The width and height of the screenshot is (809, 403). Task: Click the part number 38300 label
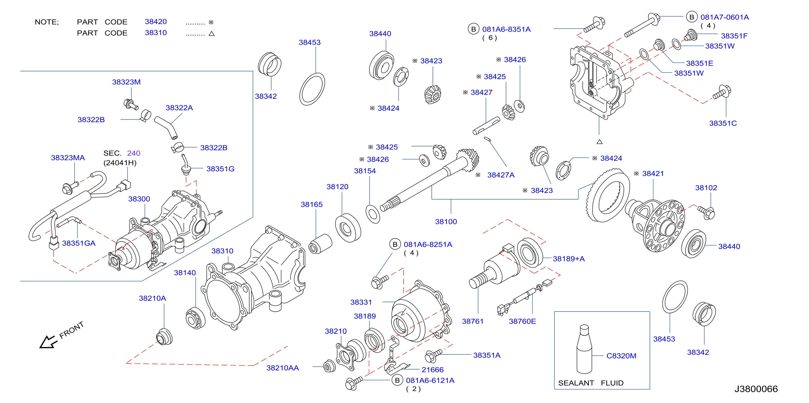pos(139,199)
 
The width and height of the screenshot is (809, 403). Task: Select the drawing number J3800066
pos(756,389)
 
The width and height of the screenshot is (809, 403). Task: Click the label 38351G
pos(220,169)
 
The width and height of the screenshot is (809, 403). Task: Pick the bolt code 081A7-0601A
pos(724,17)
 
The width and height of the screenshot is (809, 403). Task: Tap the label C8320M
pos(621,356)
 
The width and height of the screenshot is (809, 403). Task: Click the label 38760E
pos(522,321)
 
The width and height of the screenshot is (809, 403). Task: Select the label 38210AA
pos(282,368)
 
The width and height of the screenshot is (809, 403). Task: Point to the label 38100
pos(446,221)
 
